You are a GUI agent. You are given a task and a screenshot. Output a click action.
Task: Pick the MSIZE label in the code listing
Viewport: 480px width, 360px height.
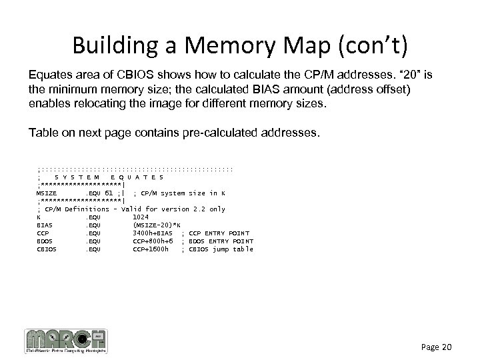point(47,193)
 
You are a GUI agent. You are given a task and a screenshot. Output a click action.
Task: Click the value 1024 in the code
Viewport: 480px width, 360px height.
point(141,217)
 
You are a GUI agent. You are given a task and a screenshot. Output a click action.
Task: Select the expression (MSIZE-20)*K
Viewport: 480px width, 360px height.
point(157,225)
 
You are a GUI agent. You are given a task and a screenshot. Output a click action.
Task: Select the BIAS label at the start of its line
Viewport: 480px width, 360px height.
point(44,225)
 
